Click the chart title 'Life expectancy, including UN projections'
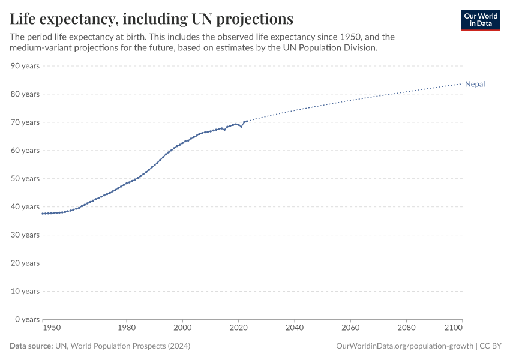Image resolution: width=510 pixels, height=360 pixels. [151, 19]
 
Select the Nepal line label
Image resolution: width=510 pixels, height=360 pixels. [475, 84]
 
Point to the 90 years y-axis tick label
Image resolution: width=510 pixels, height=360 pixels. [25, 66]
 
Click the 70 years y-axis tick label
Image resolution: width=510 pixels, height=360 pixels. [25, 122]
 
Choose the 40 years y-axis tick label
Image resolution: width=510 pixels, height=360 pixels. [25, 207]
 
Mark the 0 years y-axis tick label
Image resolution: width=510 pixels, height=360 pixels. [27, 319]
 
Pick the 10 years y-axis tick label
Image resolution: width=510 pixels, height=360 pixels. [25, 291]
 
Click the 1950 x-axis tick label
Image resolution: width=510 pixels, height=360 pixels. [52, 328]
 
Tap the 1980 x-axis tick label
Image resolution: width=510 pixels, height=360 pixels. [127, 328]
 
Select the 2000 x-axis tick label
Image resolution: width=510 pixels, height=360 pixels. [182, 328]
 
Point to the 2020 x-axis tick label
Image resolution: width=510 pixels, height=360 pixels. [239, 328]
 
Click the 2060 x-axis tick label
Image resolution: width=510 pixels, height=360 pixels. [350, 328]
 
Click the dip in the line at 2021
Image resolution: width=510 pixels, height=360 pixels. [241, 127]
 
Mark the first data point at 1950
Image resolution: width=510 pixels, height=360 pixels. [43, 214]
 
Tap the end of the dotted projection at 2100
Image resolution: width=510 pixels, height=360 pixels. [462, 83]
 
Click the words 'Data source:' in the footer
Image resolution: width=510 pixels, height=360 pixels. [31, 346]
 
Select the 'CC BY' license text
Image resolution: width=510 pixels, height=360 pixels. [490, 346]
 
